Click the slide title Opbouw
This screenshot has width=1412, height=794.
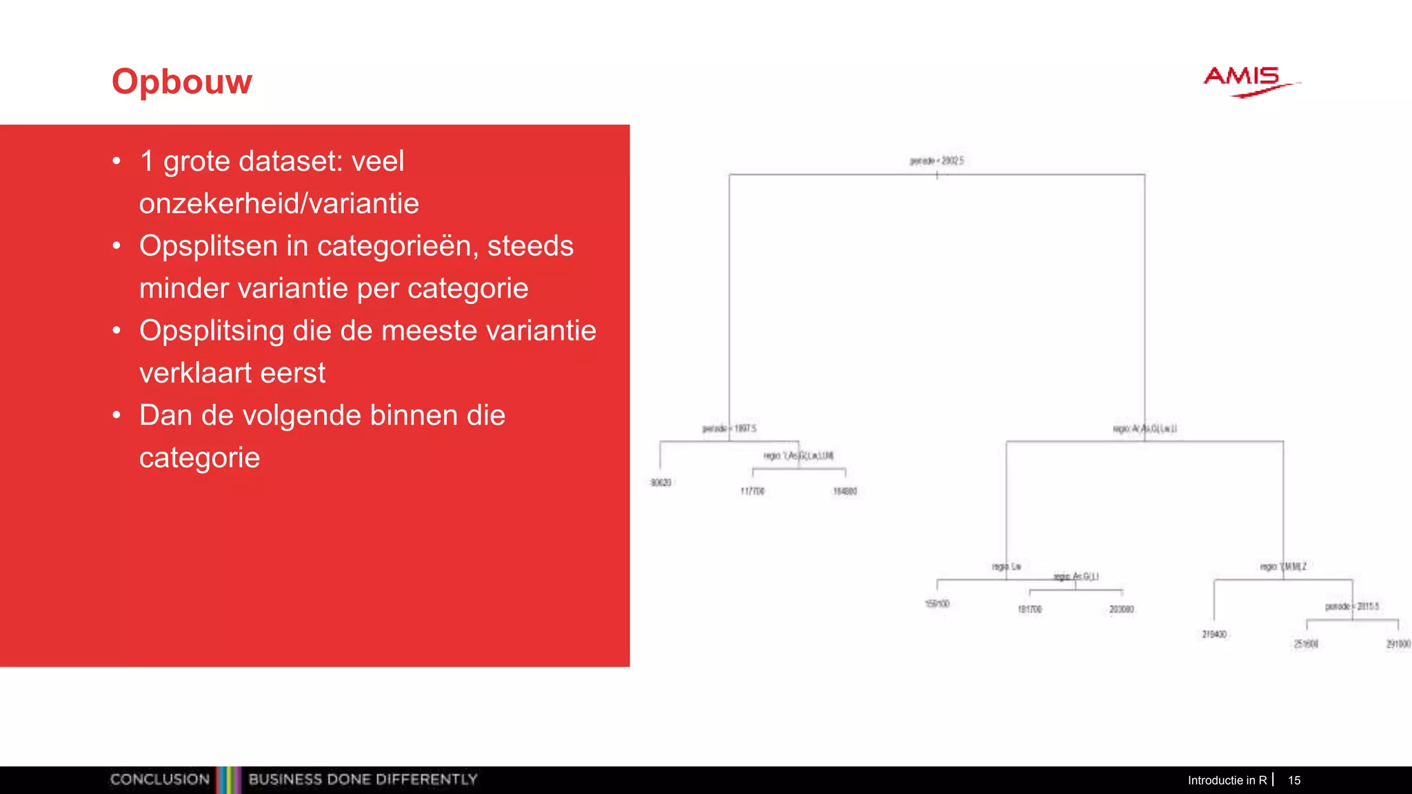(x=182, y=82)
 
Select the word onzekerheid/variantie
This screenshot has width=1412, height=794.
(x=279, y=204)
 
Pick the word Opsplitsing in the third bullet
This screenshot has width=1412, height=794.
(x=212, y=331)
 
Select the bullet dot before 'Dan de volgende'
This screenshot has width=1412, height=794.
(x=117, y=415)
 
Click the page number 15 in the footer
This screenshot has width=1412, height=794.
(x=1294, y=780)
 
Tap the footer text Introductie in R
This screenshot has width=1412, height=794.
(x=1227, y=780)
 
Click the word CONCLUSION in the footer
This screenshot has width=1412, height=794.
(x=160, y=780)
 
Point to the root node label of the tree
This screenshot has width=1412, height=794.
(x=937, y=161)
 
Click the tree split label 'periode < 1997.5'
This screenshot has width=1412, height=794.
(x=729, y=429)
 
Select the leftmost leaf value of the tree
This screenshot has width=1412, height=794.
(x=660, y=482)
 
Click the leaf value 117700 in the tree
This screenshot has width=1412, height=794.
(x=752, y=491)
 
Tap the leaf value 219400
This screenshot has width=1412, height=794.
(x=1214, y=634)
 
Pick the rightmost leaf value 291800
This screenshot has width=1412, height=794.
(x=1398, y=644)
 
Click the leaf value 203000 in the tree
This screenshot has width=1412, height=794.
(x=1121, y=609)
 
